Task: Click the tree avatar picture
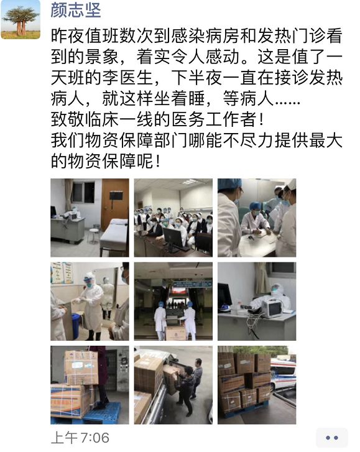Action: (x=21, y=19)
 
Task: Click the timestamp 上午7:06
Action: (x=80, y=438)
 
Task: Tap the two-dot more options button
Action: (x=332, y=438)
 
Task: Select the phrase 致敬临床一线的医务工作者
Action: (x=153, y=119)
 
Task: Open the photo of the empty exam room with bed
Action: (x=90, y=218)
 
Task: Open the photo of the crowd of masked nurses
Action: (x=173, y=218)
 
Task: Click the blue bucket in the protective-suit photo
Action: (x=75, y=326)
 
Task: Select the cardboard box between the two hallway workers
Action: (x=175, y=333)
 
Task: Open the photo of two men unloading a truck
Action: (x=173, y=385)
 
